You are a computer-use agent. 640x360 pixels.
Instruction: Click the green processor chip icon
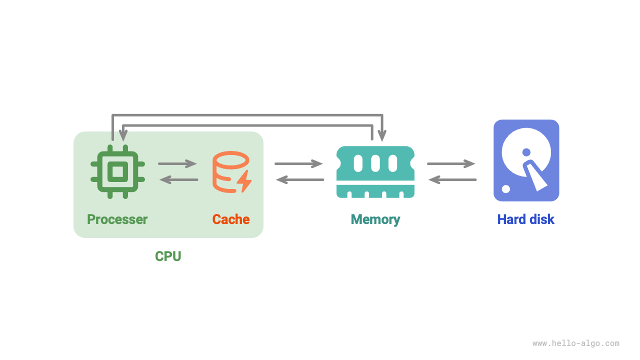tap(117, 171)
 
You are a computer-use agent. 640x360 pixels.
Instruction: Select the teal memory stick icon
tap(375, 172)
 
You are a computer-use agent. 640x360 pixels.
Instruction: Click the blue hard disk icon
tap(526, 160)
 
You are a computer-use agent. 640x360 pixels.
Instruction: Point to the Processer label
tap(117, 219)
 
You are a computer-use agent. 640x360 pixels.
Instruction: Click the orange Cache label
tap(231, 219)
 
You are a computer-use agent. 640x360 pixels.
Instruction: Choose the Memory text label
tap(375, 219)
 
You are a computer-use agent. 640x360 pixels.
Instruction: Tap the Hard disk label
tap(526, 219)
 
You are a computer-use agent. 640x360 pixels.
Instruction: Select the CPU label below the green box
tap(168, 256)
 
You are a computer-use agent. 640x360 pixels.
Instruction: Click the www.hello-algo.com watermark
tap(576, 343)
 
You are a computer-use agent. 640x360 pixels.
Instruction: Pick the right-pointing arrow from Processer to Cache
tap(178, 163)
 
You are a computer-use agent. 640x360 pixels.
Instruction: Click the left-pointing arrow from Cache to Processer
tap(178, 179)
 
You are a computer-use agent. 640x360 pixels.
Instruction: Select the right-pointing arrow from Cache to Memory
tap(299, 163)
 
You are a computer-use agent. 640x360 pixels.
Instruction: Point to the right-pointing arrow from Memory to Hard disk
tap(451, 163)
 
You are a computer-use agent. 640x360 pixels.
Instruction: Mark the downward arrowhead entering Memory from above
tap(382, 136)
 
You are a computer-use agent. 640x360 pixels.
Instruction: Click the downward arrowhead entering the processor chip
tap(123, 136)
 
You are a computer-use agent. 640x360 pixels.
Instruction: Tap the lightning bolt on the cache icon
tap(244, 182)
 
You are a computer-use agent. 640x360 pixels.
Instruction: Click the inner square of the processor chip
tap(117, 171)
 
